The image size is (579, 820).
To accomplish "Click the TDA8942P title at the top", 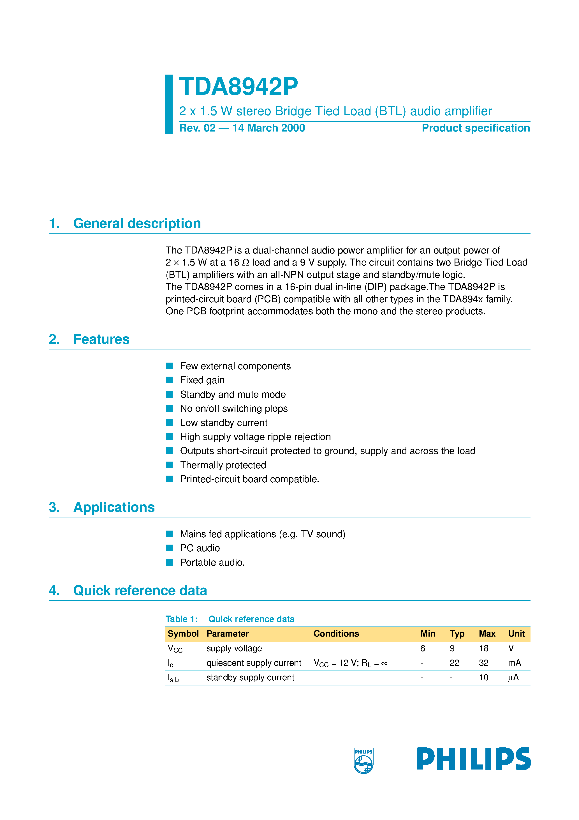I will (238, 87).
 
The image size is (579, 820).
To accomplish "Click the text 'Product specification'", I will (476, 128).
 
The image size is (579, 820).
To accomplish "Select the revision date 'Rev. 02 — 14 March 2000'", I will (242, 128).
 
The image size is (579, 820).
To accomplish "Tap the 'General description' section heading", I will (137, 224).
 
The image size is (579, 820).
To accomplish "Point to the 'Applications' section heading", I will (114, 507).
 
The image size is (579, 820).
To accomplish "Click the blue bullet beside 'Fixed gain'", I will (169, 380).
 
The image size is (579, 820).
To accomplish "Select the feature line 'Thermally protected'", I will (223, 465).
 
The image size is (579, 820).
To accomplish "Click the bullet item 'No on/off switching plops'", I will (233, 408).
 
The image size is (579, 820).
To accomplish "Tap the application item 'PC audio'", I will (200, 548).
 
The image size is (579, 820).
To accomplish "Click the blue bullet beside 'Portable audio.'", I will (169, 562).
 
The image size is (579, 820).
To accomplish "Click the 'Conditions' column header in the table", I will (336, 634).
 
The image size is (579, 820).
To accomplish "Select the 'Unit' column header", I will (516, 634).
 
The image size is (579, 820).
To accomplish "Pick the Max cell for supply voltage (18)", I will (483, 648).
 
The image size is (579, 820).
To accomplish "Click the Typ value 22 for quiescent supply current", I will (454, 663).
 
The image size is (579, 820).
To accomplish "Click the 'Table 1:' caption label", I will (181, 619).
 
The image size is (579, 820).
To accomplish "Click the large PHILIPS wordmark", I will (473, 759).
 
